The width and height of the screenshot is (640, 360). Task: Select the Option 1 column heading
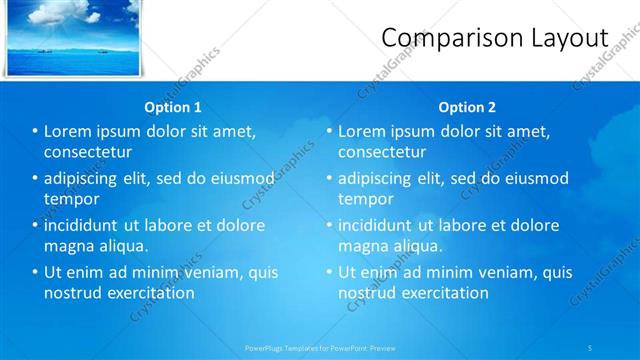coord(173,107)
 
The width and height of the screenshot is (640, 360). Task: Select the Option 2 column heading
coord(467,107)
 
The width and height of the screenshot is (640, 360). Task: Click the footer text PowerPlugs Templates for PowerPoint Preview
coord(320,348)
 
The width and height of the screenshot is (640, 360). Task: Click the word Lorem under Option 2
coord(362,131)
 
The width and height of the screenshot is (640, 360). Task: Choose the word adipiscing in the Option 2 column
coord(374,178)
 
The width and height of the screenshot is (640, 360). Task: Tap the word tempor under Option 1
coord(68,199)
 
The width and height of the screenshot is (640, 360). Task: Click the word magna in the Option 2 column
coord(361,246)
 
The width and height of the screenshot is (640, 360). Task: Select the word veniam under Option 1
coord(213,272)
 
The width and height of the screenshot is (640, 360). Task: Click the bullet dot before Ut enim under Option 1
coord(34,272)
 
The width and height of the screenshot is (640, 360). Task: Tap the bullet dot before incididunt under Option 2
coord(328,225)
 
